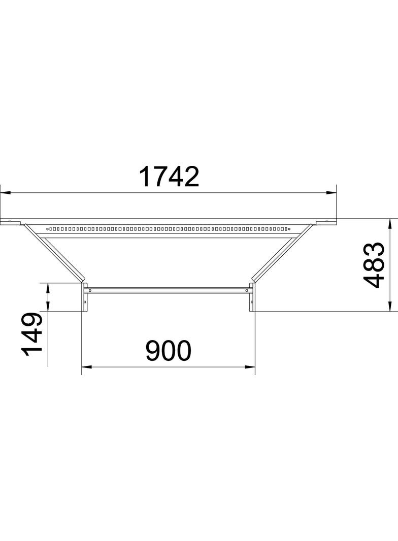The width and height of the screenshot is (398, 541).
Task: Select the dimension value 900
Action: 168,351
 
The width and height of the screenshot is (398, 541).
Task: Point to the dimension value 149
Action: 31,335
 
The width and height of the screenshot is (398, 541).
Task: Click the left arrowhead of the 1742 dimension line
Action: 5,193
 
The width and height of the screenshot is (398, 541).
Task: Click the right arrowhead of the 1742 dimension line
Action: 332,193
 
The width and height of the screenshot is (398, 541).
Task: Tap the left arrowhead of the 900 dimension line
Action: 86,366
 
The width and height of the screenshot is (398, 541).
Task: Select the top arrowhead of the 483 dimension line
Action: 390,223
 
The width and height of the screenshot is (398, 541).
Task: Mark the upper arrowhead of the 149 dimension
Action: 48,287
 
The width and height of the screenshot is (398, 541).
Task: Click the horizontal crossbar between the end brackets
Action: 168,290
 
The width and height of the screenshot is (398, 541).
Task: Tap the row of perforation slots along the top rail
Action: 168,229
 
